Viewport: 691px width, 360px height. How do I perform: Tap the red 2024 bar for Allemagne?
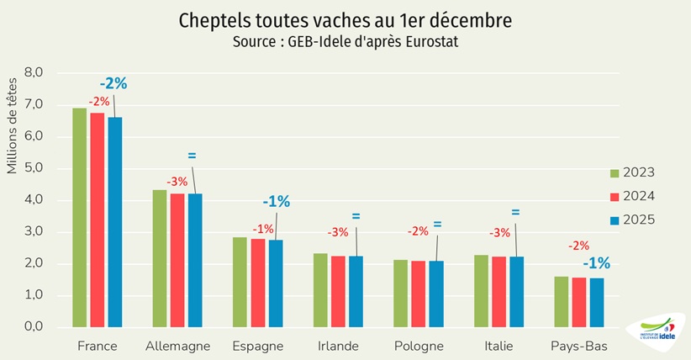pyautogui.click(x=177, y=260)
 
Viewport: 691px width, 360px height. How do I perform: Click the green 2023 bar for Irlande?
pyautogui.click(x=320, y=290)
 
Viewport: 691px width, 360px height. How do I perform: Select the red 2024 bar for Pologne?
pyautogui.click(x=418, y=294)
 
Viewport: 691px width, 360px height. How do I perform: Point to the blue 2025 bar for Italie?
pyautogui.click(x=515, y=291)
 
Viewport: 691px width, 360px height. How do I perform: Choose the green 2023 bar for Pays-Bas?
pyautogui.click(x=562, y=301)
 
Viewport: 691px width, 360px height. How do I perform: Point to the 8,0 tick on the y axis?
pyautogui.click(x=33, y=73)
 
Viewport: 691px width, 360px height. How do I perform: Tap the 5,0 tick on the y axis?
pyautogui.click(x=33, y=168)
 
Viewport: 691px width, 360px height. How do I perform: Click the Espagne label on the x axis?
pyautogui.click(x=258, y=346)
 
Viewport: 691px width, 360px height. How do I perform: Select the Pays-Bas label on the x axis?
pyautogui.click(x=578, y=346)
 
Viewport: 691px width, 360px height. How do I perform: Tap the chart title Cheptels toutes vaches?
pyautogui.click(x=345, y=19)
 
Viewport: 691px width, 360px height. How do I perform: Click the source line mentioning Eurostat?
pyautogui.click(x=345, y=40)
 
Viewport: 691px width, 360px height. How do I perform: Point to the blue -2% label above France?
pyautogui.click(x=113, y=83)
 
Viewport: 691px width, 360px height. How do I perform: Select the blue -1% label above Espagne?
pyautogui.click(x=276, y=201)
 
